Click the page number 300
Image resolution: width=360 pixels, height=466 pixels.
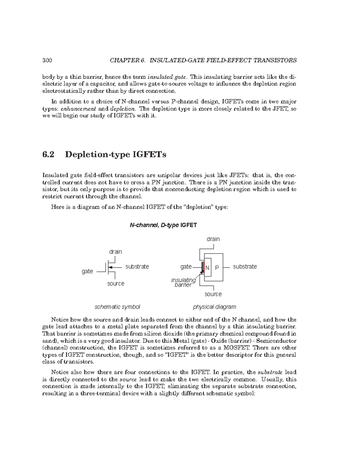(x=47, y=60)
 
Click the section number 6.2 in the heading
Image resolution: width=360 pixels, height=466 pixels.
(x=49, y=155)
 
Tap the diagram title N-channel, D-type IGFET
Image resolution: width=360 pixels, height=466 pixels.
(x=163, y=225)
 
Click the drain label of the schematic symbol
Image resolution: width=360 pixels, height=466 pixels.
(x=115, y=252)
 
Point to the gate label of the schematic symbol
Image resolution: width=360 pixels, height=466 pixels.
(x=87, y=271)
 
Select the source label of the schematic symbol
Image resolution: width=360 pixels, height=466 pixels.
(x=115, y=284)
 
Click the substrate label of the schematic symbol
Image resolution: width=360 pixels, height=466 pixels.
(x=137, y=266)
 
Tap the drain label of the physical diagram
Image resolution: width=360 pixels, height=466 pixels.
(x=213, y=239)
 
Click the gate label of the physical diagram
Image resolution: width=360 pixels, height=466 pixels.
(x=186, y=266)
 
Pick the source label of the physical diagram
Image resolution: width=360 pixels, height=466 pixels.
(x=213, y=294)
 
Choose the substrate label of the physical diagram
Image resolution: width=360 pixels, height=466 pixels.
(x=245, y=266)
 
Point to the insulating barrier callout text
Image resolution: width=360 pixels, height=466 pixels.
(x=183, y=282)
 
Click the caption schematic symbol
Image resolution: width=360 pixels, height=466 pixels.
(x=117, y=307)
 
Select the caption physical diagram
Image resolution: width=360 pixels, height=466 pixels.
(x=214, y=307)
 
